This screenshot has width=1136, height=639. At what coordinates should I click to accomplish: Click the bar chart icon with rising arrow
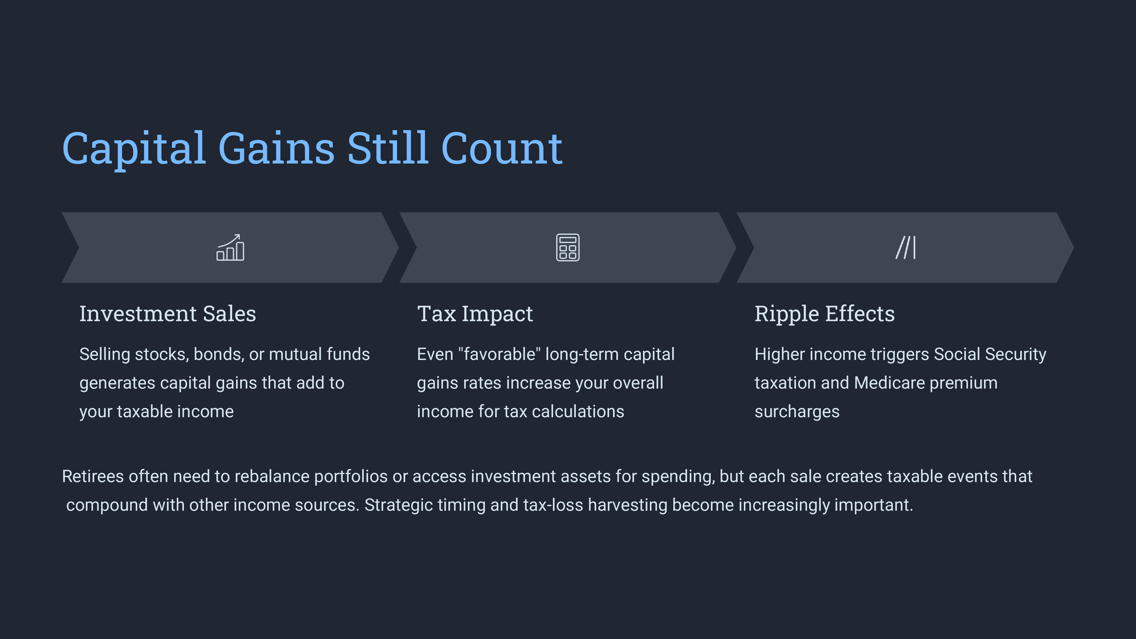(x=230, y=247)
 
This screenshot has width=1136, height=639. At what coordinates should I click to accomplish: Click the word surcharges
(x=797, y=412)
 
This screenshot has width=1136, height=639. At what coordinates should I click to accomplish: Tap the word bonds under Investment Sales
(x=219, y=354)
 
